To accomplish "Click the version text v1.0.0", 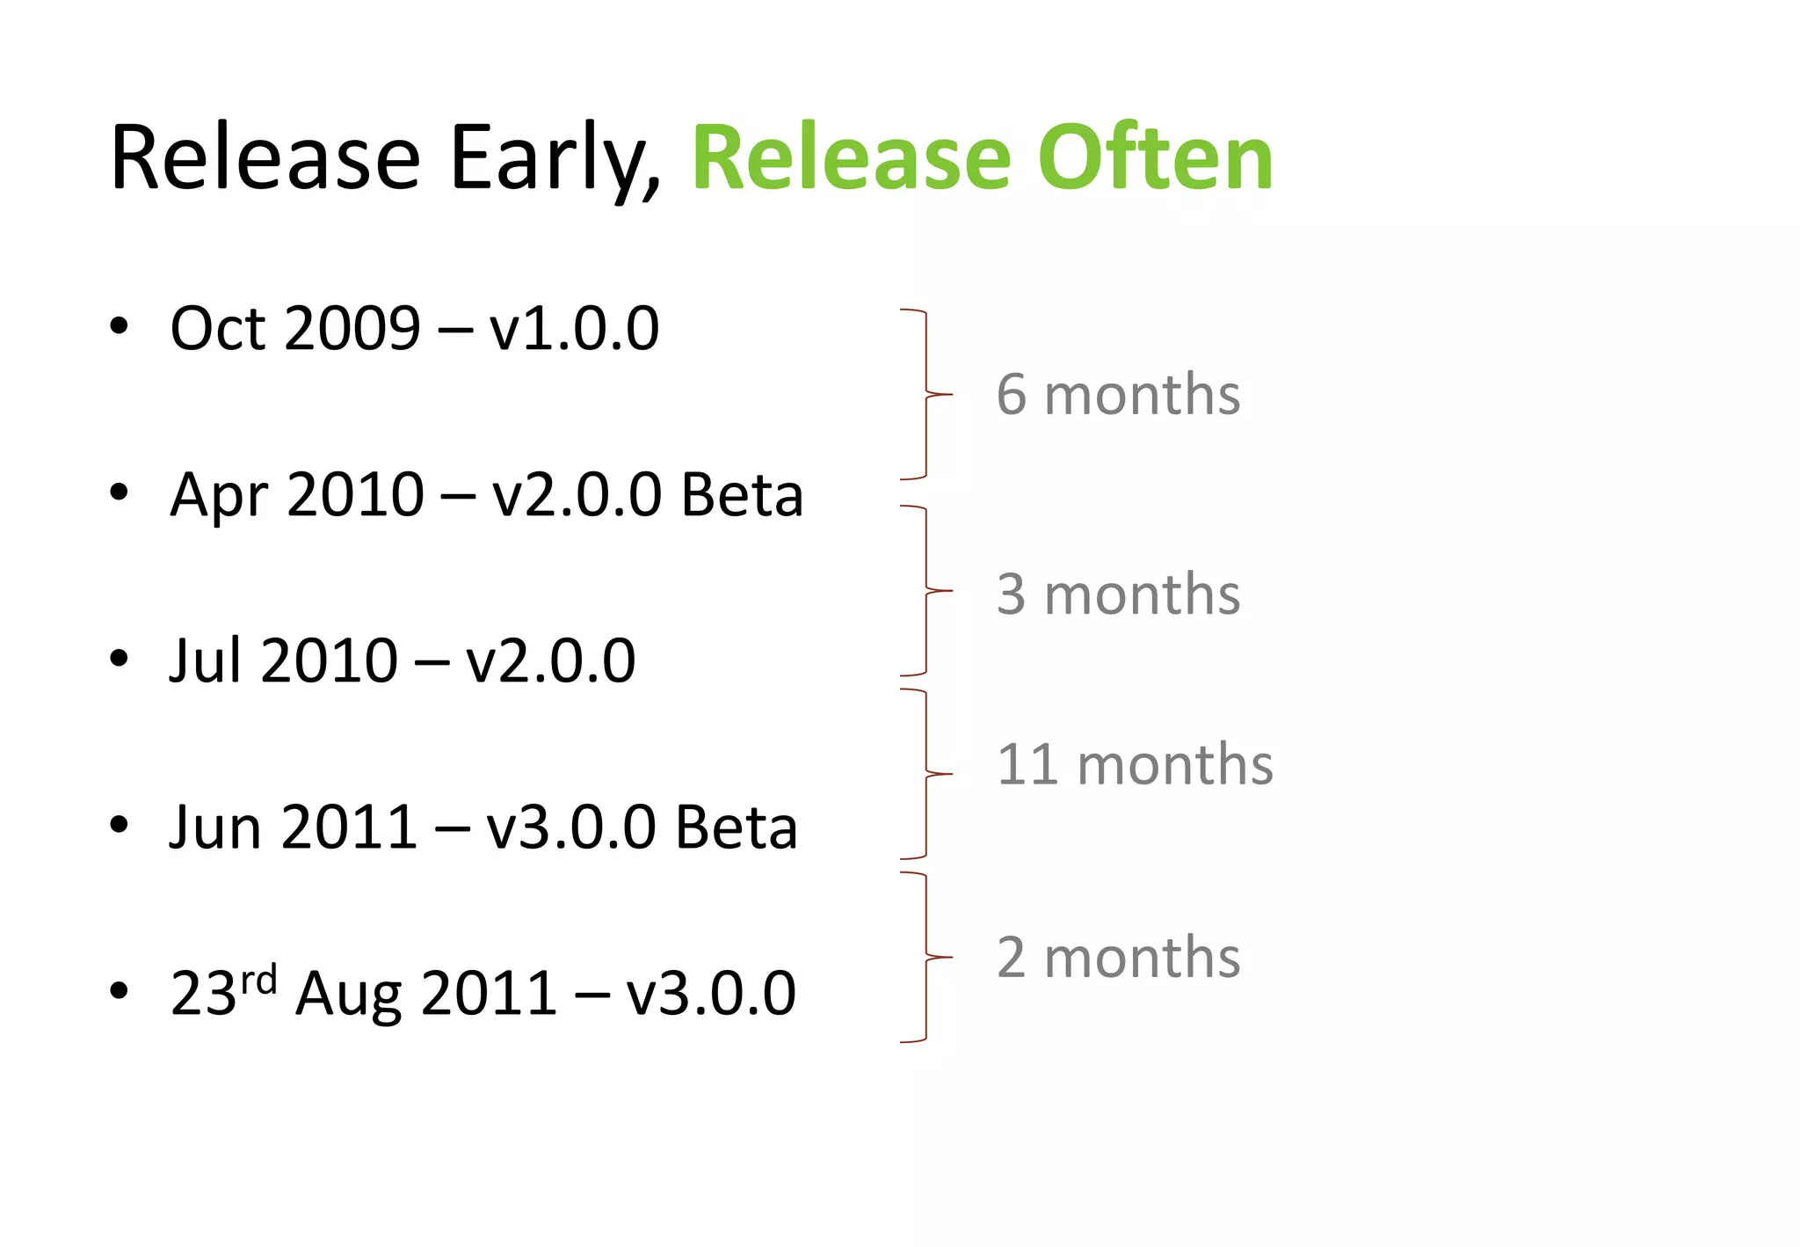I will (x=574, y=329).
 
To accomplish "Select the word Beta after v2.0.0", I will (x=742, y=495).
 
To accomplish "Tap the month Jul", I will (x=205, y=661).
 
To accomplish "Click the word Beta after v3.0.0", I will (x=737, y=828).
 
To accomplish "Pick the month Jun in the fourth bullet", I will (x=214, y=828).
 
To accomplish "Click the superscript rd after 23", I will (x=259, y=979).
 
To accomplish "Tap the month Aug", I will (x=348, y=995).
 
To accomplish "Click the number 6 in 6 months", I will (x=1012, y=395).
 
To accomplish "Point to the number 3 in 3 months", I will (x=1012, y=594).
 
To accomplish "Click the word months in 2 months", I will (x=1142, y=958).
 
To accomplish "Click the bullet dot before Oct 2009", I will (x=119, y=326).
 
